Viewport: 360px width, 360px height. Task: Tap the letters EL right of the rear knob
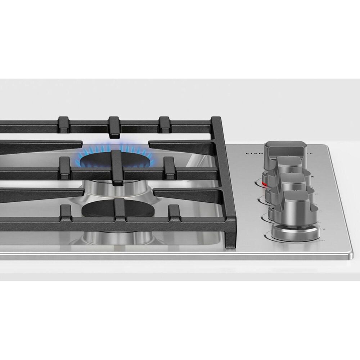pyautogui.click(x=310, y=153)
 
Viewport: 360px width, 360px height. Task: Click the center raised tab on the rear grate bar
pyautogui.click(x=114, y=126)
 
